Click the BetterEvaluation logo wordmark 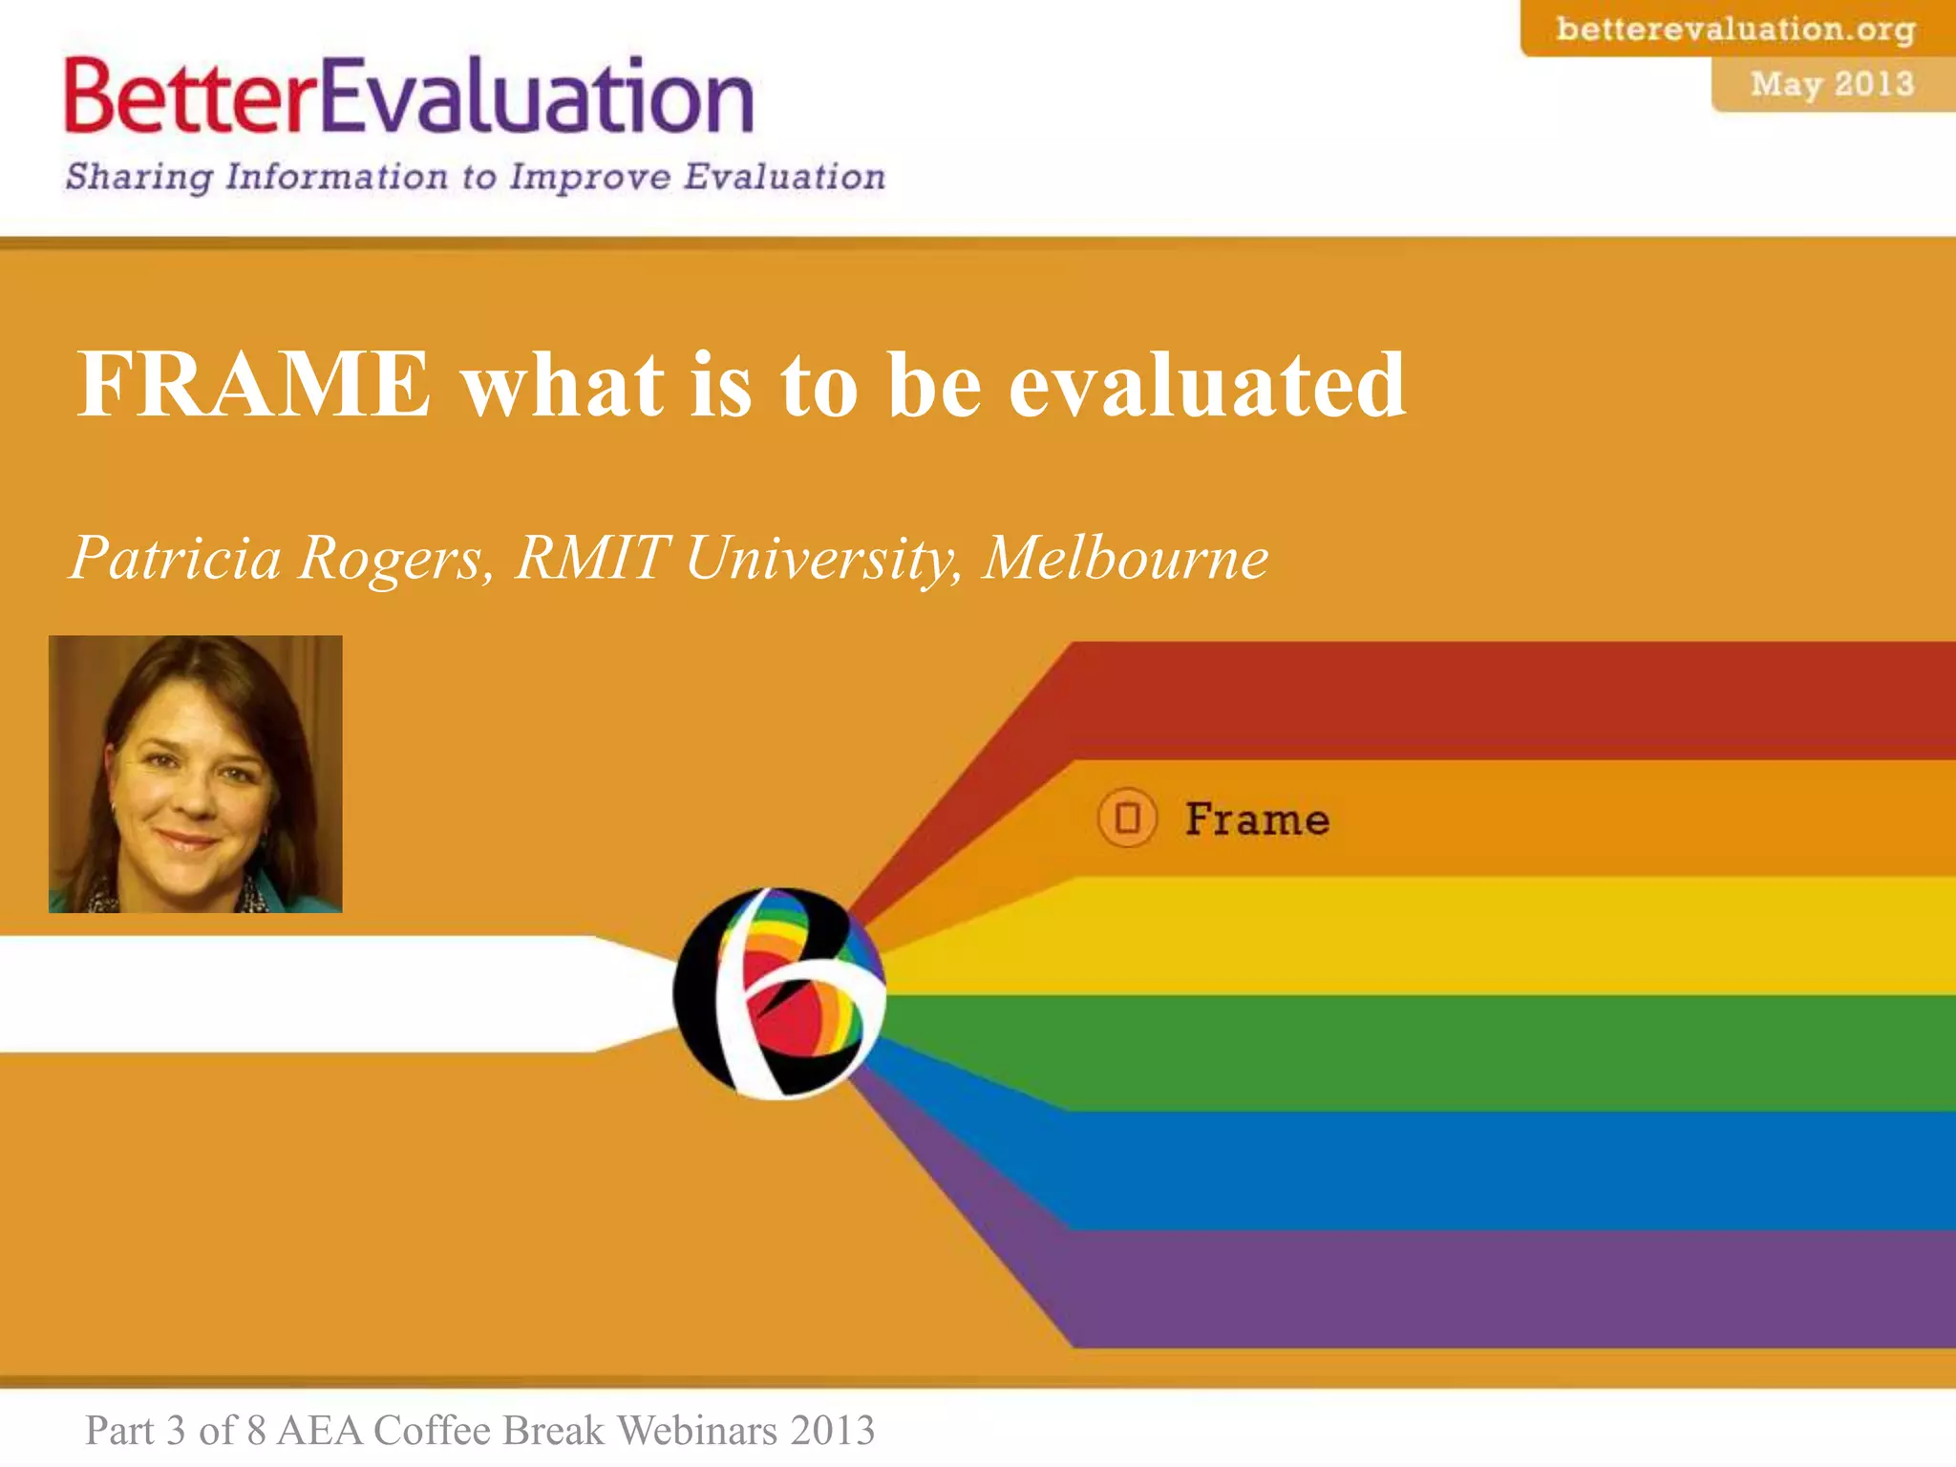click(x=409, y=96)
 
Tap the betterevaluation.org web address click(x=1735, y=29)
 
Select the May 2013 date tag click(x=1832, y=84)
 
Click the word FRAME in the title click(x=253, y=384)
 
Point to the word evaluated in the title click(x=1207, y=384)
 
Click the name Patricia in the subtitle click(x=176, y=557)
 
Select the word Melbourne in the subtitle click(x=1125, y=557)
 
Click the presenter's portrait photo click(x=196, y=774)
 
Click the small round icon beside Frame click(x=1127, y=819)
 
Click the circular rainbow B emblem click(x=779, y=993)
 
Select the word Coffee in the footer click(x=432, y=1431)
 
